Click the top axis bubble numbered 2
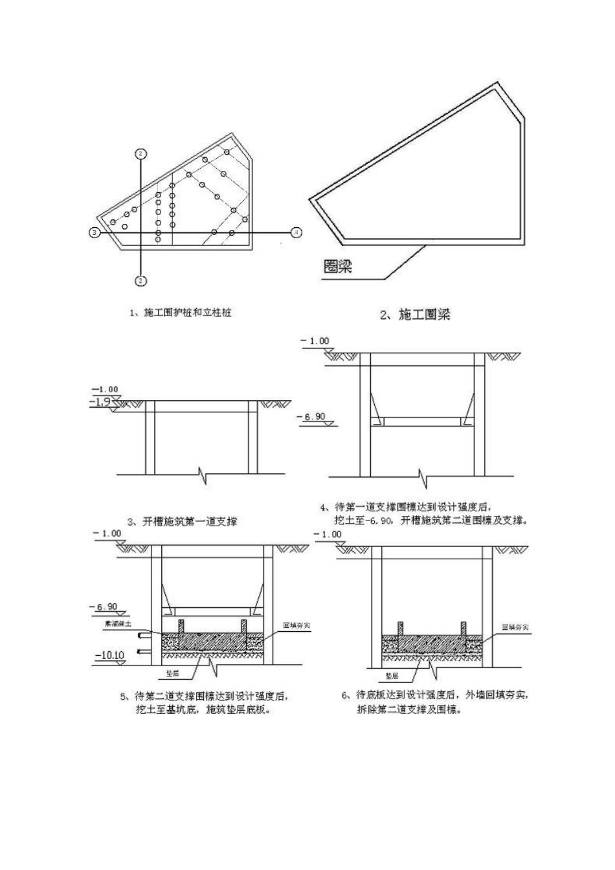[x=140, y=153]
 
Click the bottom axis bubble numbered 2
[x=140, y=280]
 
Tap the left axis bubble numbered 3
[x=94, y=232]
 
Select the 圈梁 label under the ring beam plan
[x=337, y=266]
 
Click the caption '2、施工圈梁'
[x=414, y=315]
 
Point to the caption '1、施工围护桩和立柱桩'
[x=181, y=313]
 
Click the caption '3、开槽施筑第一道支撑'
[x=181, y=521]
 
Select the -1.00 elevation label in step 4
[x=315, y=341]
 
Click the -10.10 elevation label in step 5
[x=109, y=656]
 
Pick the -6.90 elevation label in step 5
[x=107, y=607]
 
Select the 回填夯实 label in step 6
[x=516, y=627]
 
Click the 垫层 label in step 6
[x=392, y=675]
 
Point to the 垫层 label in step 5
[x=173, y=674]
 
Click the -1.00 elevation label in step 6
[x=328, y=534]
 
